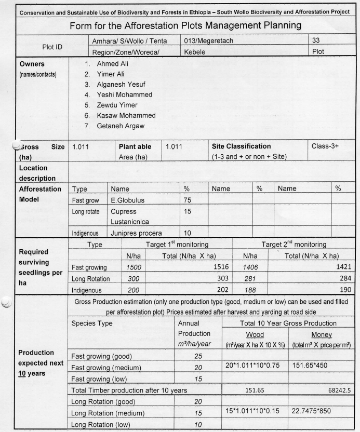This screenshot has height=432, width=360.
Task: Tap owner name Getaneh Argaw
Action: [120, 126]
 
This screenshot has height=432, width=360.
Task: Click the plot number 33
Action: [316, 40]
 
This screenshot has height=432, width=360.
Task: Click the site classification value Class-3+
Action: [325, 146]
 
